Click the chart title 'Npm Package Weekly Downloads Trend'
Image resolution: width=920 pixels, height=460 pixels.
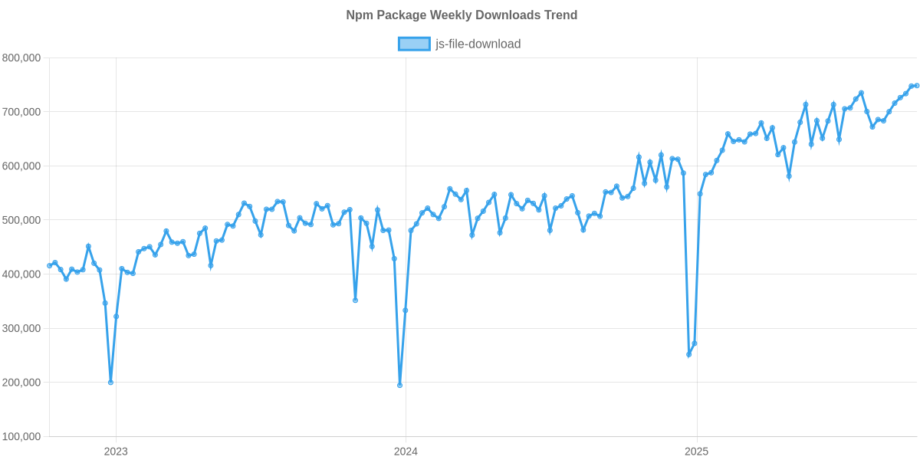460,15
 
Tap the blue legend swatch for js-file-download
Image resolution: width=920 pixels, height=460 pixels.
413,44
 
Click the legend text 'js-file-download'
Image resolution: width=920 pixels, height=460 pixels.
478,44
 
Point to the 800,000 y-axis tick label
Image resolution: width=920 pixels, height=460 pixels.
21,58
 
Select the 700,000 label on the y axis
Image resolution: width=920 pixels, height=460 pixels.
21,112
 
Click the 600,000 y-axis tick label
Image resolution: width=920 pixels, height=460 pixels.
21,166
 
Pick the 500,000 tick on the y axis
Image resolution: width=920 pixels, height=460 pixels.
21,220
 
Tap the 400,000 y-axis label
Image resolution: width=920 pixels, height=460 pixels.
21,274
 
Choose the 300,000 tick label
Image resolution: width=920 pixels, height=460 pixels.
21,328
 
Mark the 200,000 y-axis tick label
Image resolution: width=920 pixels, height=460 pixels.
21,383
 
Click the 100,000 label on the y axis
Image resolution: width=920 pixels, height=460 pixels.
21,437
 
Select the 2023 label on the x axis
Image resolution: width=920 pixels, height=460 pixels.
116,452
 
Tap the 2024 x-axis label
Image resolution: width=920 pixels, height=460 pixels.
406,452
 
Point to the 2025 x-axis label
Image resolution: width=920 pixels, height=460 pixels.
695,452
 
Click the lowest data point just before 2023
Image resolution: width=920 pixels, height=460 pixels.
110,383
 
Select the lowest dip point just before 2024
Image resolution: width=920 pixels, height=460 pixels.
400,385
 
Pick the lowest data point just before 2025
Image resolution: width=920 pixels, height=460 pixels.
688,355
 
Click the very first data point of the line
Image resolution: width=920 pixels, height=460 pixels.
49,265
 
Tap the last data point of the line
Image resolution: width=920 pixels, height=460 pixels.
917,85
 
